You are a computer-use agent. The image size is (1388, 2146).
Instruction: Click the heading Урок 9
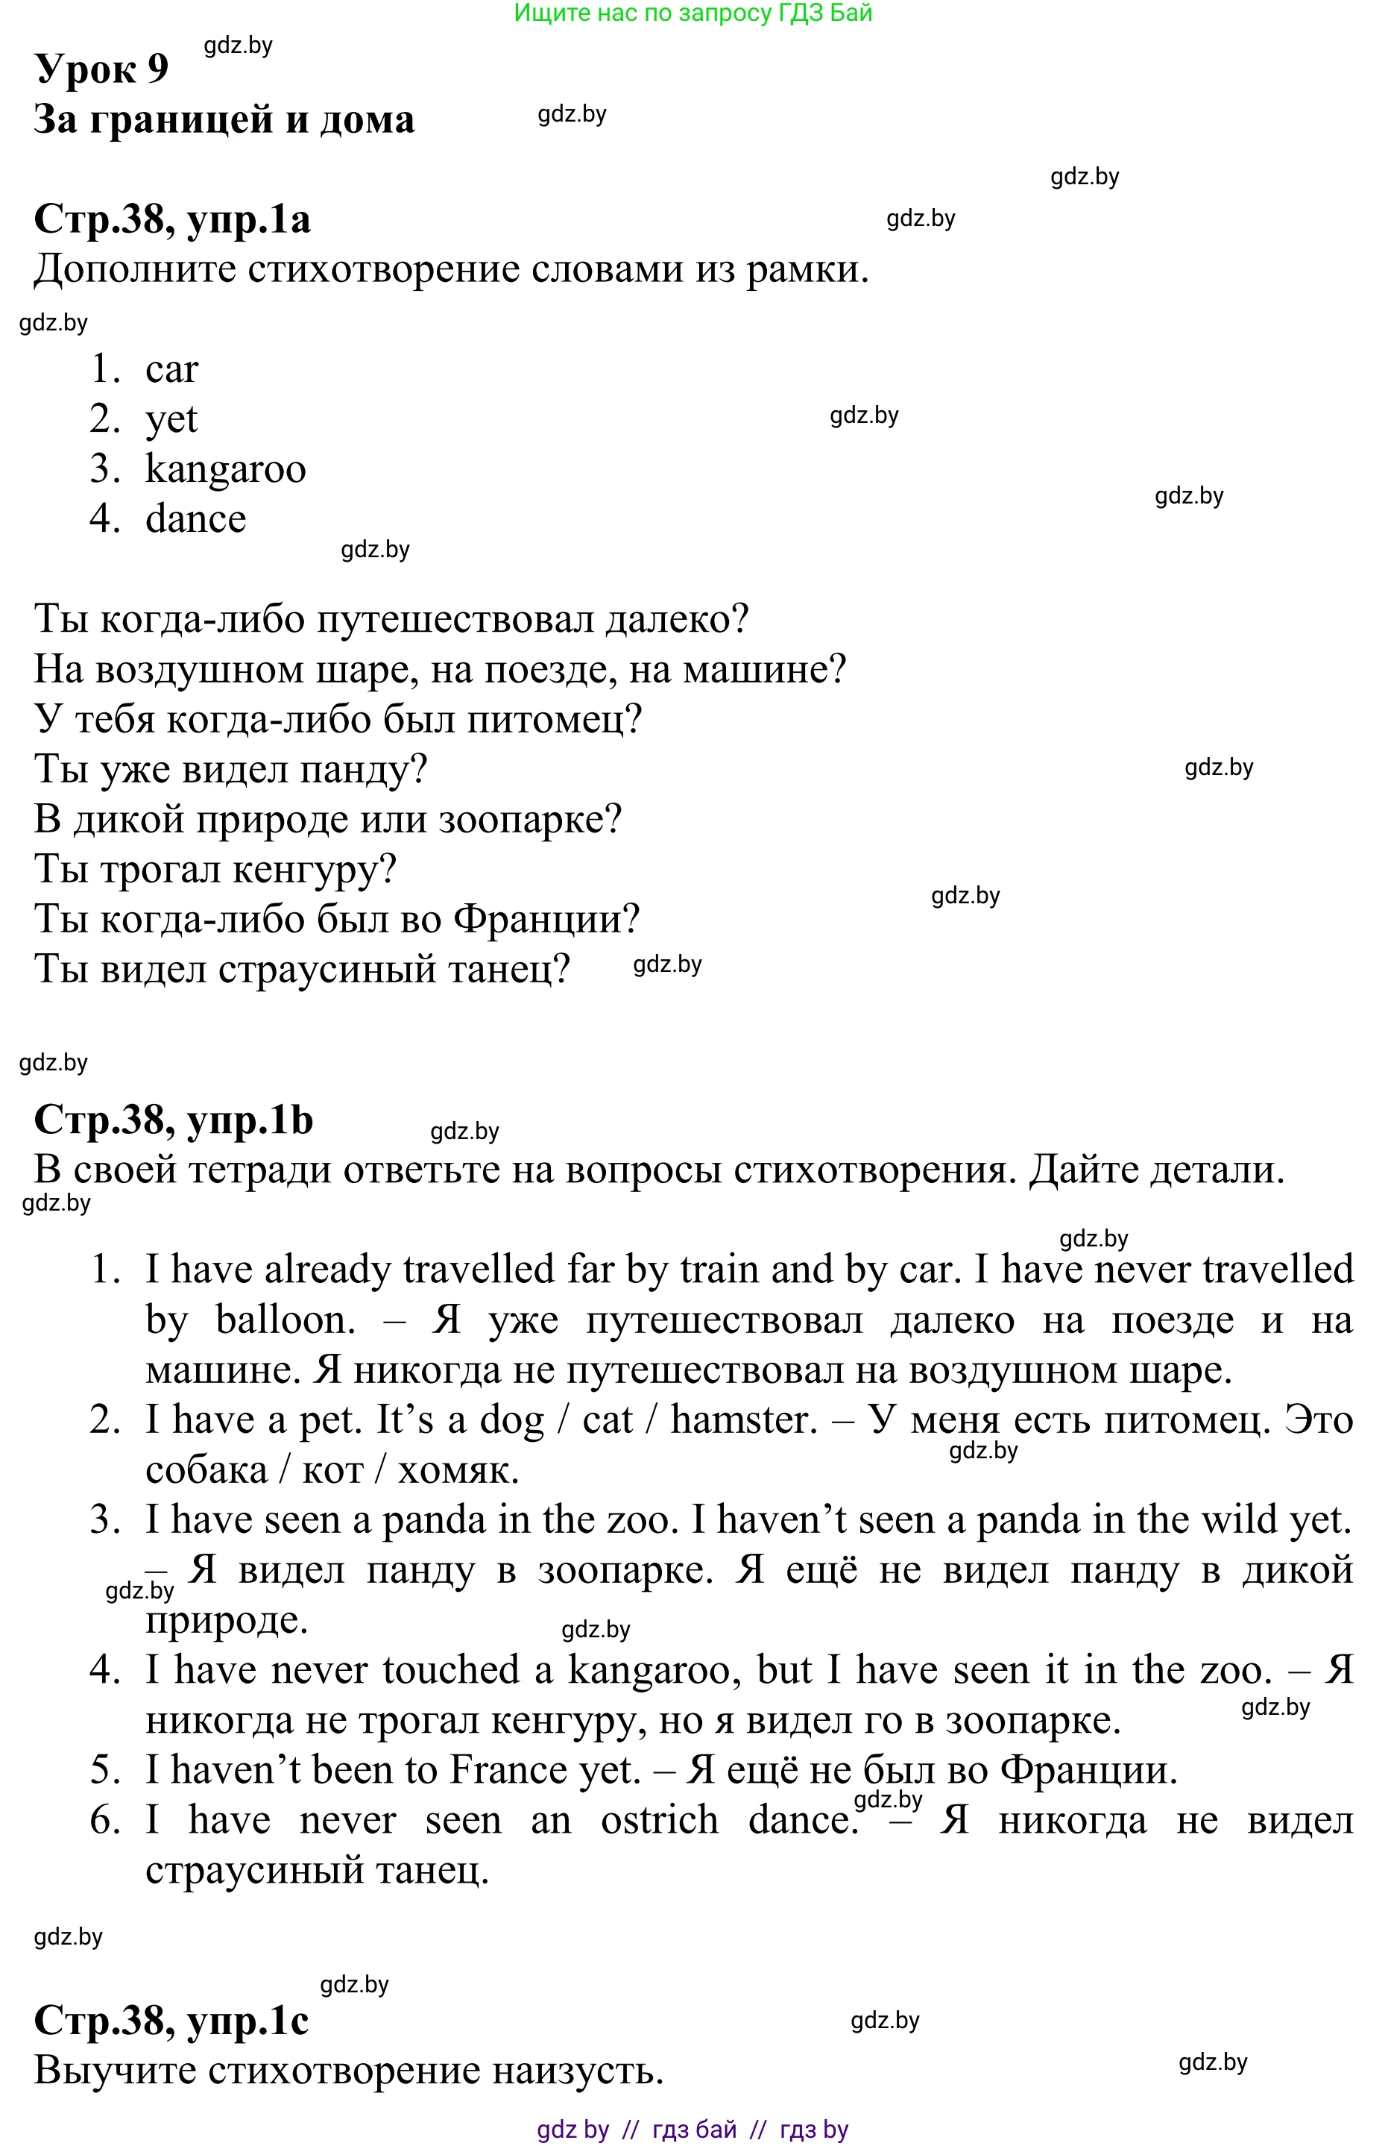(101, 69)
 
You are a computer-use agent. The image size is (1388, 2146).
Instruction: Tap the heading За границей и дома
(224, 119)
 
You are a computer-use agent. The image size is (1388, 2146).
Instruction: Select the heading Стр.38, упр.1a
(171, 219)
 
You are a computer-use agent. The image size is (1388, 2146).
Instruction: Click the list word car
(171, 368)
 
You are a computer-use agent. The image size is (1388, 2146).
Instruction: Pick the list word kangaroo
(225, 469)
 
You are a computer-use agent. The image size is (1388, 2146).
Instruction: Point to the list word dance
(195, 518)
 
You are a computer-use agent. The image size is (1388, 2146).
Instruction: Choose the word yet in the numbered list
(171, 419)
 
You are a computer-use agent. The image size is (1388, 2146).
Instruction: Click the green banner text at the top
(693, 13)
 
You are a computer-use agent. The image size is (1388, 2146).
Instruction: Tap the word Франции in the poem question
(546, 919)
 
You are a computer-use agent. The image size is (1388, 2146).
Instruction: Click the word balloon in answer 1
(285, 1320)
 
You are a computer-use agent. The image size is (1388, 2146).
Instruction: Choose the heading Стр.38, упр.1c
(171, 2021)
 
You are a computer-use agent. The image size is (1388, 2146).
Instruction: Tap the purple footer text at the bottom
(693, 2130)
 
